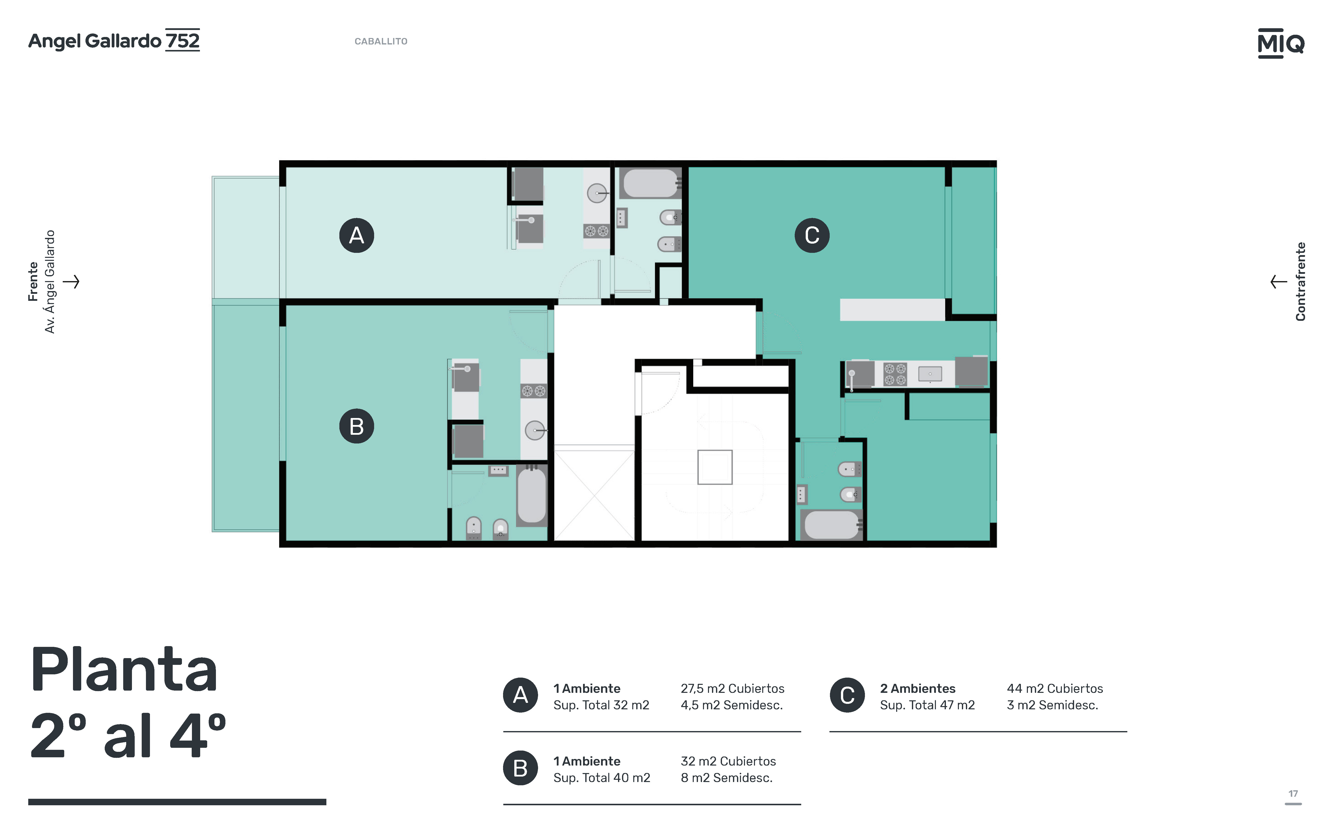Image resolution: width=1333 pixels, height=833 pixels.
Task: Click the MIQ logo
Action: click(1281, 43)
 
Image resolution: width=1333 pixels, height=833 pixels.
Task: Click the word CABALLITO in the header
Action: click(381, 41)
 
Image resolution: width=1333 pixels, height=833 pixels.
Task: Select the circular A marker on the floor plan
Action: click(357, 235)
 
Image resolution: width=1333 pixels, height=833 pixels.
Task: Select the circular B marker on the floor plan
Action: click(357, 426)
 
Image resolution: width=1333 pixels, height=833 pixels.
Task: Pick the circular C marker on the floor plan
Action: click(812, 235)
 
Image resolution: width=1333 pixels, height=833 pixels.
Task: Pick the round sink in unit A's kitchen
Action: click(597, 193)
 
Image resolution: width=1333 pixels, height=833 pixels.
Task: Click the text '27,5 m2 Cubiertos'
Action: click(732, 689)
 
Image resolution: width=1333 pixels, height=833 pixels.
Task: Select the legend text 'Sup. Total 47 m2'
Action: click(927, 705)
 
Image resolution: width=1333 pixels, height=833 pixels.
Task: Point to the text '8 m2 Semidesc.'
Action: click(726, 778)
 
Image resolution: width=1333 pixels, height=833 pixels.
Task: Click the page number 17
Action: click(1293, 794)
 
